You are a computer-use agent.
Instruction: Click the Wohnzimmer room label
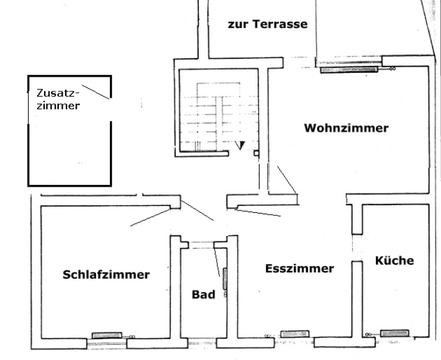tap(346, 128)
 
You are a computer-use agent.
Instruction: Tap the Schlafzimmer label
tap(106, 275)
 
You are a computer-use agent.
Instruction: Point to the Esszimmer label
tap(299, 269)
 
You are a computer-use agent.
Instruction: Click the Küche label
tap(394, 260)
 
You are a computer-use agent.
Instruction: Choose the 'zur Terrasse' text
tap(268, 25)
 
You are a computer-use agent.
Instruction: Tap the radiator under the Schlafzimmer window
tap(107, 334)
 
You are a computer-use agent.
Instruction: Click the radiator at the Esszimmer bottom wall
tap(294, 333)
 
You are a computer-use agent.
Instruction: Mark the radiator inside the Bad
tap(225, 281)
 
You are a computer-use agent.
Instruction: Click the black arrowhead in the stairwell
tap(240, 145)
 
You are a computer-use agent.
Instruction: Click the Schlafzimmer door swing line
tap(151, 216)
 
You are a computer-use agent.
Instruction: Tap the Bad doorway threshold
tap(203, 242)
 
